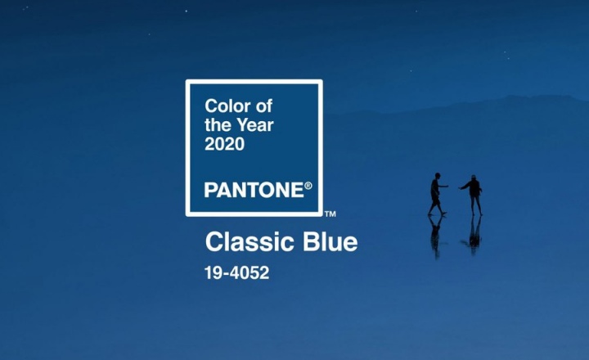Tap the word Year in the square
254,125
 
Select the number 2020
224,145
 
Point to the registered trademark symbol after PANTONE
308,186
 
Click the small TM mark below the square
330,214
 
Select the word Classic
245,243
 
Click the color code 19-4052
236,273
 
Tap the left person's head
437,175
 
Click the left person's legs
436,205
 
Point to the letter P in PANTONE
209,190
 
